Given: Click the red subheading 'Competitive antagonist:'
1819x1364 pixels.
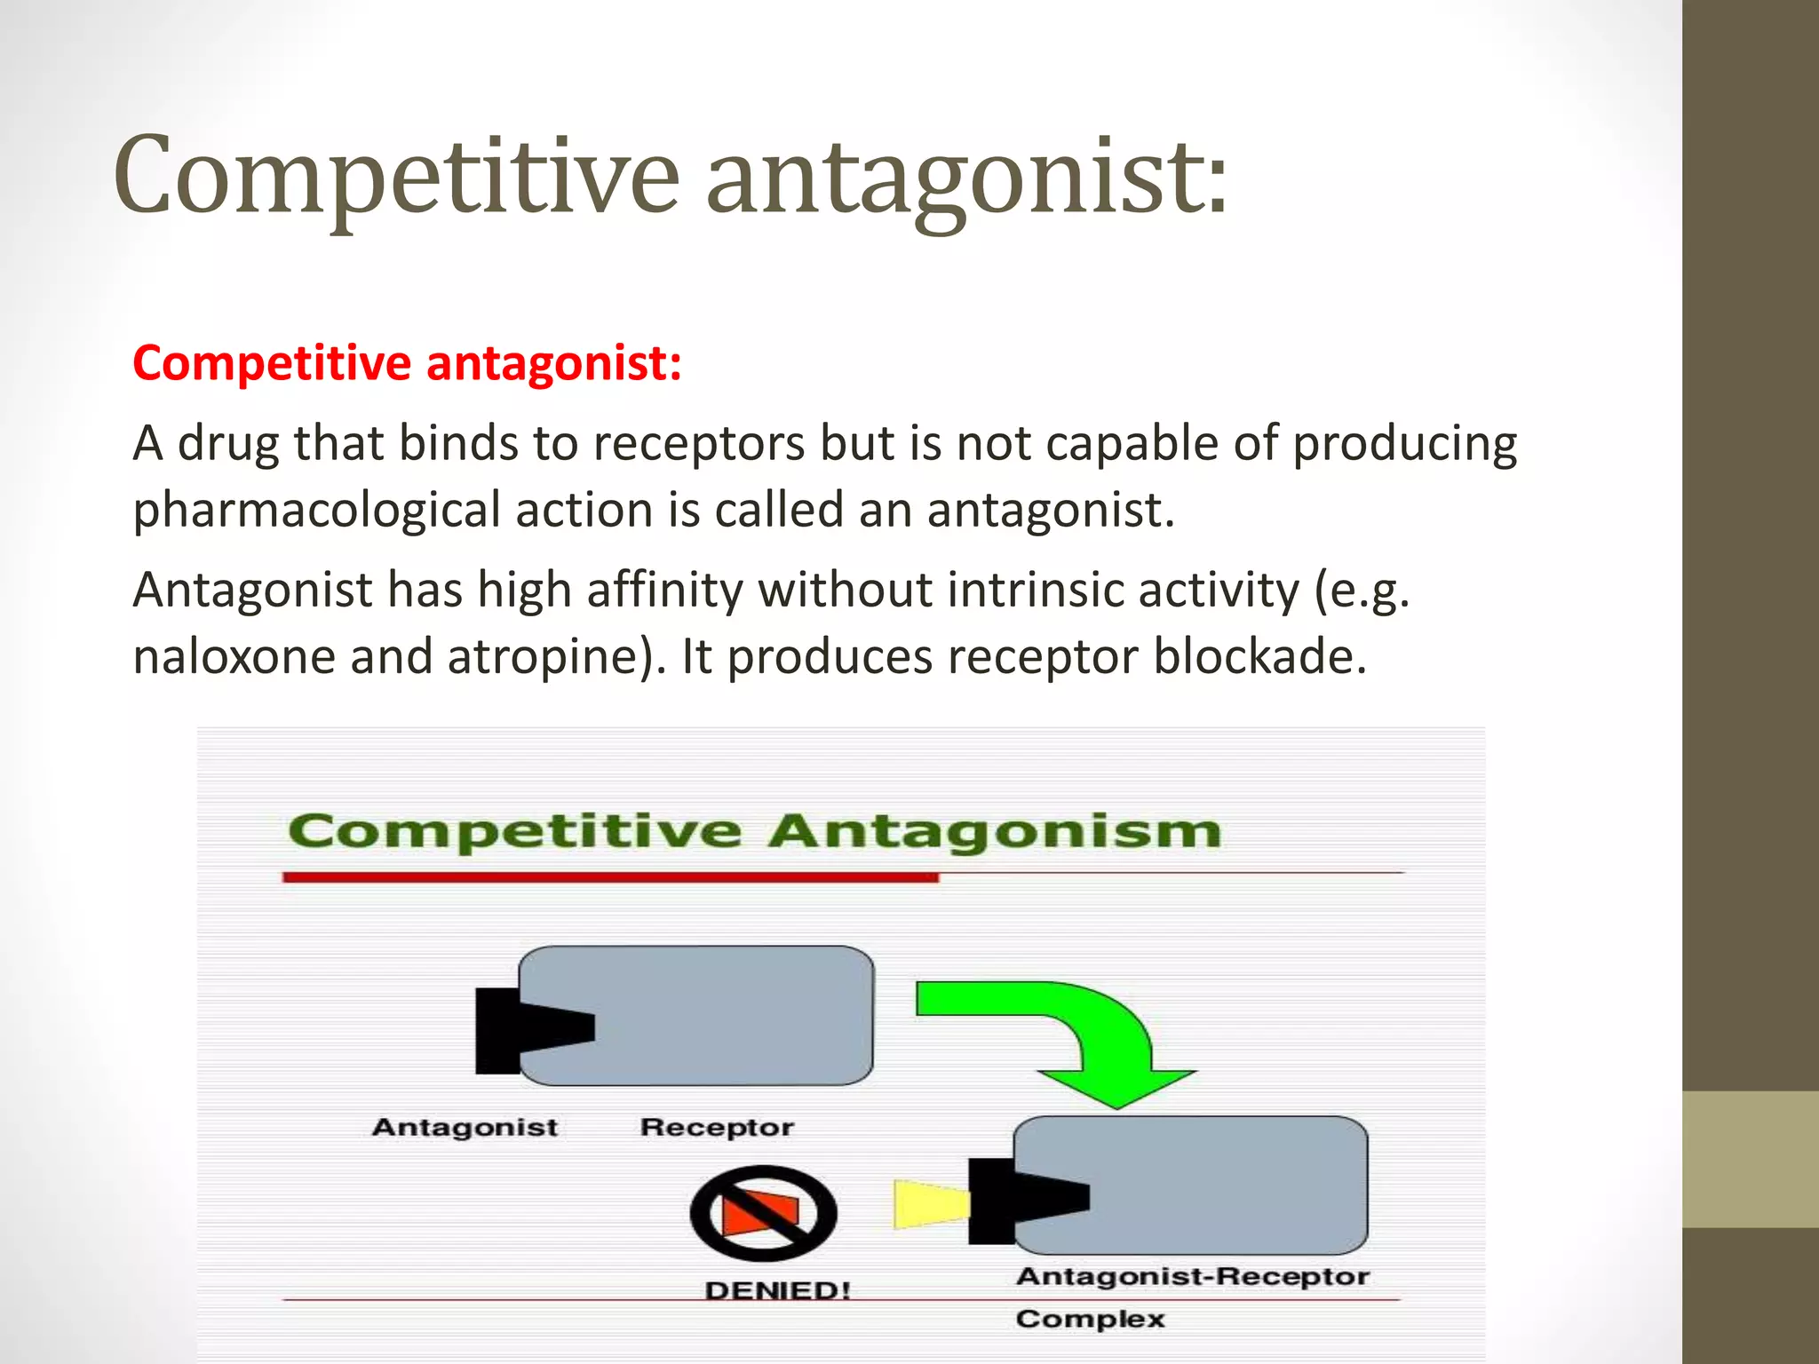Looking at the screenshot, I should (407, 363).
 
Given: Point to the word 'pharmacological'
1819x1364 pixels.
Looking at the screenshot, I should (316, 511).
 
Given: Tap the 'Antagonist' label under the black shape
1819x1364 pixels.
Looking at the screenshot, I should (465, 1128).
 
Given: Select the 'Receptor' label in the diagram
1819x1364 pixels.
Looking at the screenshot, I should (717, 1128).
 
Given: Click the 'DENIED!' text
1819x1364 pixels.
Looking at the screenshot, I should (777, 1290).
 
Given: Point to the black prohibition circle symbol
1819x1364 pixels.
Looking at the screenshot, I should (763, 1213).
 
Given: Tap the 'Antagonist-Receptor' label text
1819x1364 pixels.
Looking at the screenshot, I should (1192, 1277).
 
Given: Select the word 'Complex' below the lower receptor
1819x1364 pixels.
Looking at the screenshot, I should (1090, 1319).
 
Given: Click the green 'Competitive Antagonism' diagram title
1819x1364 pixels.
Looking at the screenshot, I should (755, 832).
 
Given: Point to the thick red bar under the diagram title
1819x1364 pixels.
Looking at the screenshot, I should (610, 877).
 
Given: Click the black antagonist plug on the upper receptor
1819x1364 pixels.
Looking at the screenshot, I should (524, 1029).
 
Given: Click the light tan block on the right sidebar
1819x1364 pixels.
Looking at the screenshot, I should (1750, 1160).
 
